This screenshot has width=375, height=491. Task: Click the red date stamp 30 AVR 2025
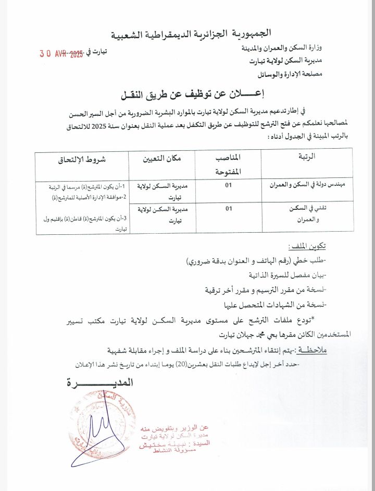[61, 53]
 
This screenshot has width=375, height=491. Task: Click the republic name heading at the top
[191, 34]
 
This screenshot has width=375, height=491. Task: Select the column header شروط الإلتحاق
[82, 160]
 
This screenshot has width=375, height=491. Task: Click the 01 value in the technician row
[228, 209]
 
